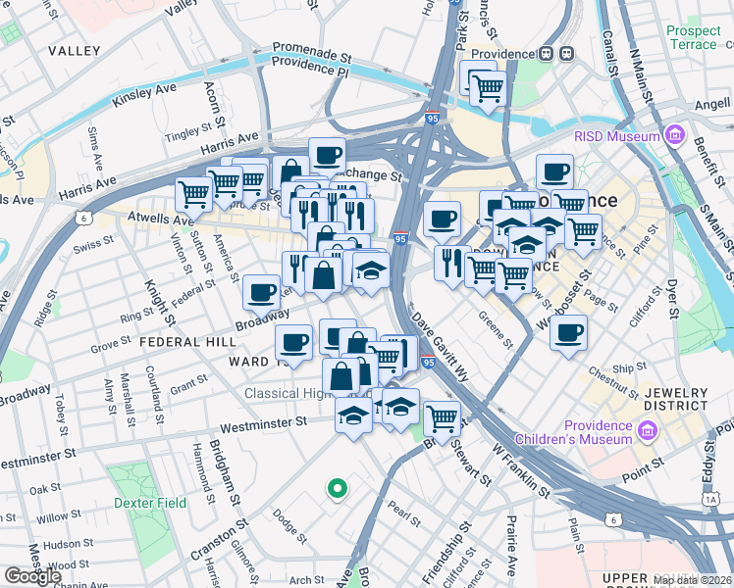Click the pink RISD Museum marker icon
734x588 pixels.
coord(674,135)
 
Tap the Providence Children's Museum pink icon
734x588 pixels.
coord(647,431)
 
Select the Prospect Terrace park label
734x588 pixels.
coord(693,37)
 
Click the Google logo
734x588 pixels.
coord(32,576)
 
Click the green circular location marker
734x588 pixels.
coord(337,487)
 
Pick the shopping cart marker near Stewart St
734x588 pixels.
coord(443,418)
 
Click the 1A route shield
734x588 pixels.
coord(710,500)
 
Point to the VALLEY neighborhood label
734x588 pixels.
coord(74,50)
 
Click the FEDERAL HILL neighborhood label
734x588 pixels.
coord(187,342)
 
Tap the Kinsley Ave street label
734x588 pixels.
coord(144,95)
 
